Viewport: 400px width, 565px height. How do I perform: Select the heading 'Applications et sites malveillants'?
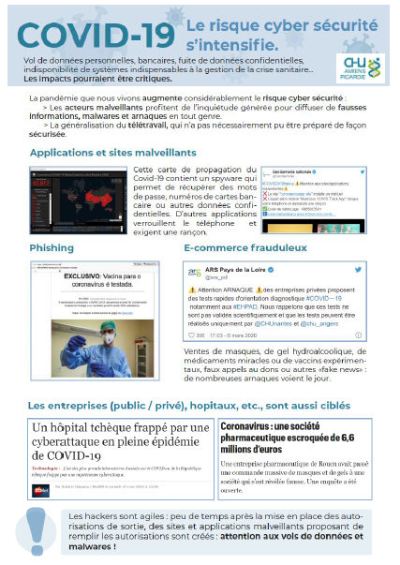pyautogui.click(x=106, y=153)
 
